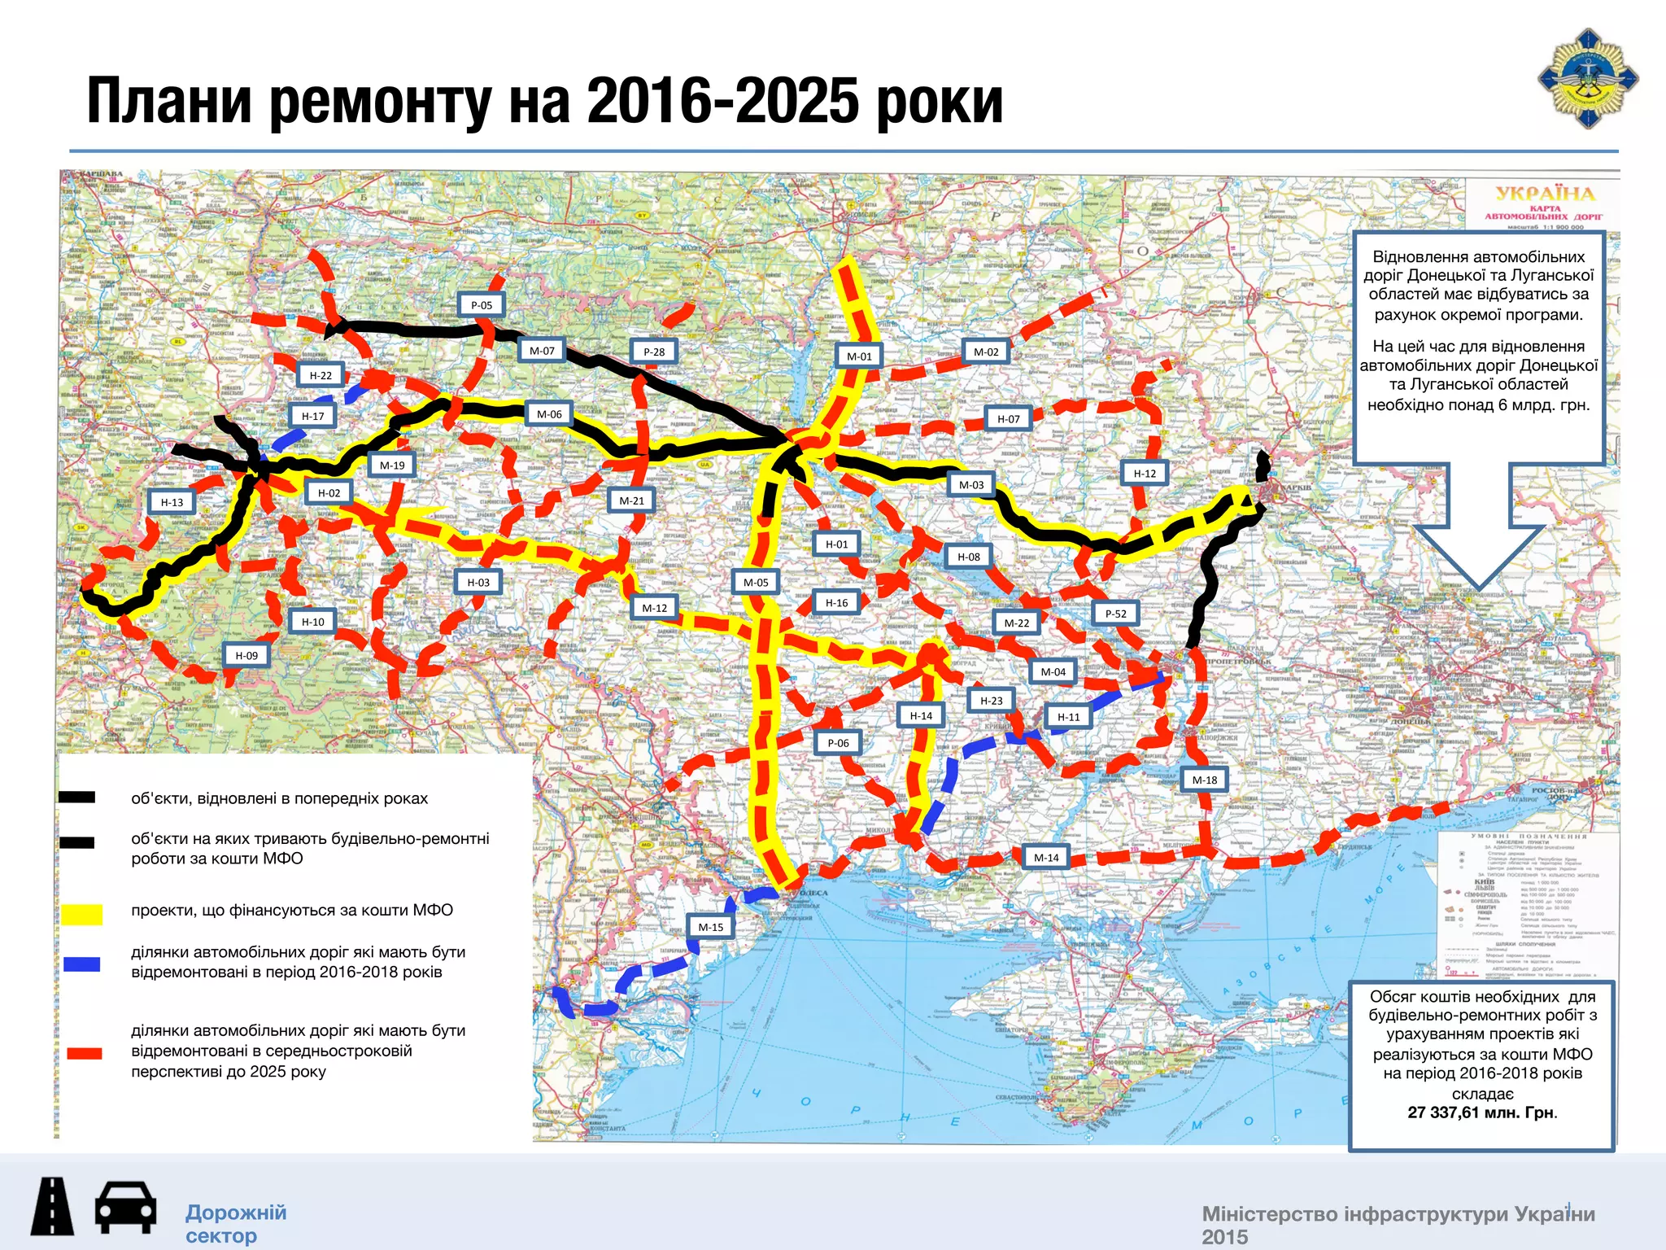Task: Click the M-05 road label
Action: [756, 583]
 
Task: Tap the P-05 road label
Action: [482, 305]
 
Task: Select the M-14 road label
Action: [1046, 858]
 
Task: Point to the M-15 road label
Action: [711, 927]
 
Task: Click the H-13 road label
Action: [172, 503]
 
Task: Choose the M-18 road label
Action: [1205, 780]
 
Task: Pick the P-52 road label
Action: [1116, 614]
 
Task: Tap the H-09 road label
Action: [246, 656]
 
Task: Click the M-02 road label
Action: [986, 352]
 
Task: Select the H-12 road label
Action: [1145, 474]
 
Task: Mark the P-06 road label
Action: [838, 743]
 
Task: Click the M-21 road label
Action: [631, 501]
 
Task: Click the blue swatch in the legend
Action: [82, 964]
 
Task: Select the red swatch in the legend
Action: [84, 1053]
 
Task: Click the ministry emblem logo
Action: [1587, 79]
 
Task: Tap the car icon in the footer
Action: [125, 1208]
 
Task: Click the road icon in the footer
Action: [52, 1208]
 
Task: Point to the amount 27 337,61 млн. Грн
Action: [1481, 1112]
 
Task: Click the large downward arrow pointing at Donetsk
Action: [1479, 529]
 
